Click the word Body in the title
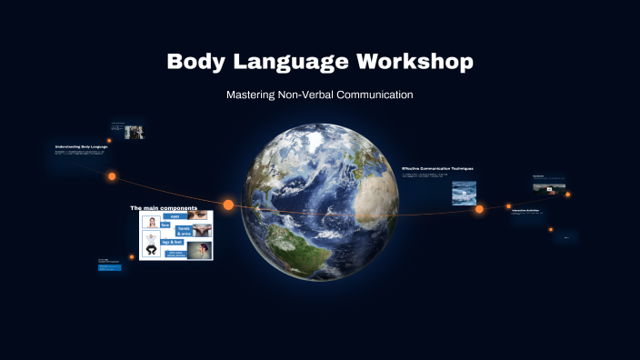(194, 62)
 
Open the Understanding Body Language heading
(81, 146)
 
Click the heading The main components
(164, 208)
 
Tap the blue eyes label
(175, 216)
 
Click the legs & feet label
(174, 243)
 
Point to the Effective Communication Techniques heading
(437, 168)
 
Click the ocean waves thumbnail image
(464, 193)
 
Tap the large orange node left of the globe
(228, 205)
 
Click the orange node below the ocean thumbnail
(479, 209)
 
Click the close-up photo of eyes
(201, 217)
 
